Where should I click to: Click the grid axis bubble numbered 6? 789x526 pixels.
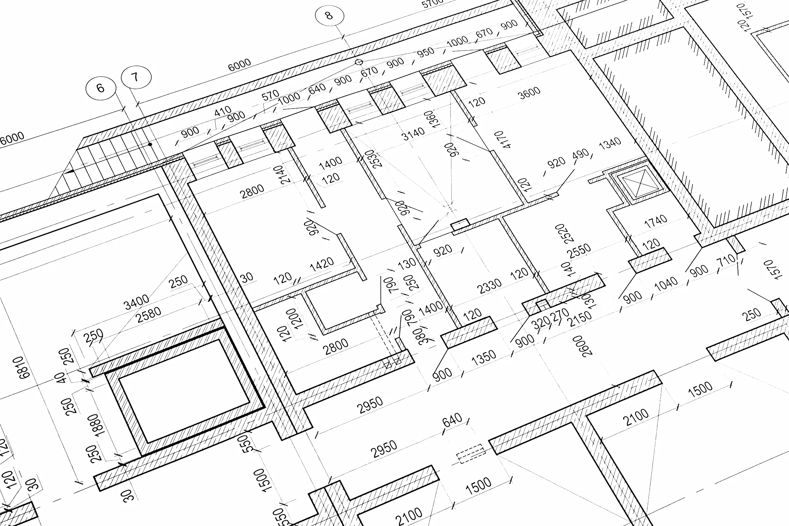click(x=100, y=88)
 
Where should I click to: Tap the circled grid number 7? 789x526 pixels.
click(x=136, y=77)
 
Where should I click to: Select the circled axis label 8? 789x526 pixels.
click(x=329, y=15)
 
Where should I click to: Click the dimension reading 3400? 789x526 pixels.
click(x=136, y=302)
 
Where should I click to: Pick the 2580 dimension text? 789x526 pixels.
click(x=149, y=314)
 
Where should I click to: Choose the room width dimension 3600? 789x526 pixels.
click(x=529, y=93)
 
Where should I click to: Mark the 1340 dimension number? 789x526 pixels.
click(x=610, y=143)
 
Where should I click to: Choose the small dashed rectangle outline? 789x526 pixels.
click(x=471, y=454)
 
